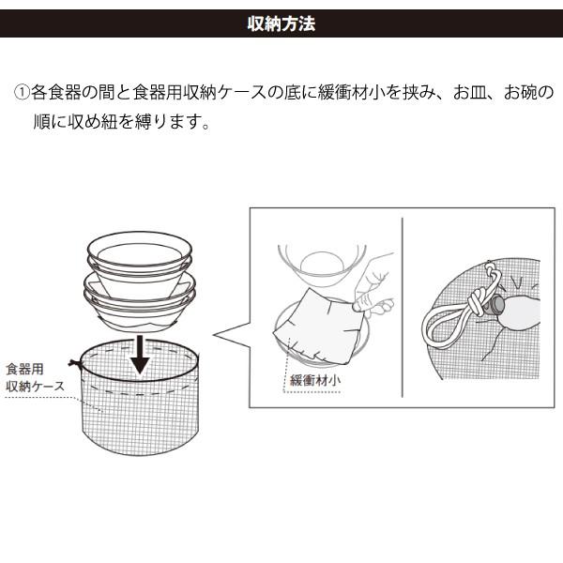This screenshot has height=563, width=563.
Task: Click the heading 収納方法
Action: (x=281, y=23)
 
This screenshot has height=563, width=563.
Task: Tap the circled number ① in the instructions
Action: (x=22, y=92)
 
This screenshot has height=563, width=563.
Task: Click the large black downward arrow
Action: (x=140, y=355)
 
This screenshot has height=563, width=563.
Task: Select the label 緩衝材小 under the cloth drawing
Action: (x=315, y=381)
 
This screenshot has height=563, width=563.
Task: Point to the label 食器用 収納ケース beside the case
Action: (x=35, y=378)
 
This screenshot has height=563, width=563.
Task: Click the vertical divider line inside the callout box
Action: (x=403, y=308)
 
